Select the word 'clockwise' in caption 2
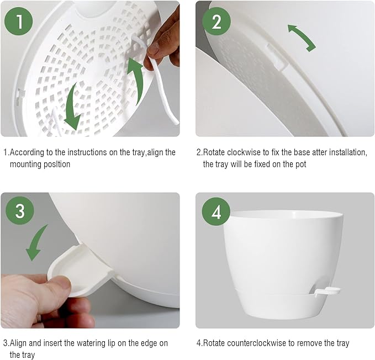click(x=242, y=152)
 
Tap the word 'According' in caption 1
click(x=28, y=152)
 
